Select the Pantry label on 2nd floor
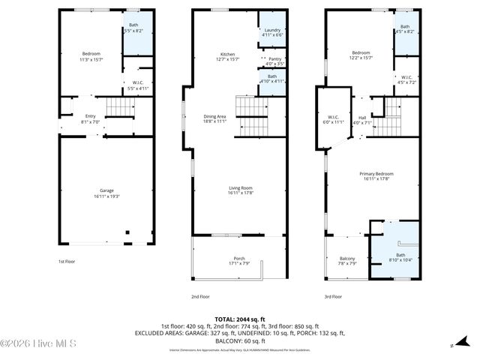point(274,61)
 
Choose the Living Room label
point(240,190)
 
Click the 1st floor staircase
point(118,110)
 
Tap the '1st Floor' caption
point(67,262)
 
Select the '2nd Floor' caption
point(199,296)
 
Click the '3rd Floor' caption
point(333,296)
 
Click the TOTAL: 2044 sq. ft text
point(239,319)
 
